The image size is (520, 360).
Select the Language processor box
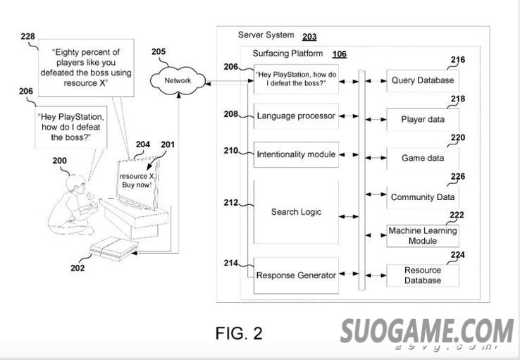296,116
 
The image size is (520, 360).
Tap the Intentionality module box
296,154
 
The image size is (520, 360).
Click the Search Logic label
297,211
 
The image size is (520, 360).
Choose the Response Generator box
296,275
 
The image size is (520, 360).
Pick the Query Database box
423,80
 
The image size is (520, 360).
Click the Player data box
423,120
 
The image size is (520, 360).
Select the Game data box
423,159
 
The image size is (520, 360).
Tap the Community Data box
423,197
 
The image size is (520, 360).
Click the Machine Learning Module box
423,236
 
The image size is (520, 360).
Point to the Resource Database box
423,275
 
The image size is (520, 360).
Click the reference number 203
309,37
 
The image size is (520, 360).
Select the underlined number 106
339,54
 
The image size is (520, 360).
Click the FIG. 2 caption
239,333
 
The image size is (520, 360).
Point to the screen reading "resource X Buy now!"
136,180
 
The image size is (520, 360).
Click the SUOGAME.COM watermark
428,332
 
